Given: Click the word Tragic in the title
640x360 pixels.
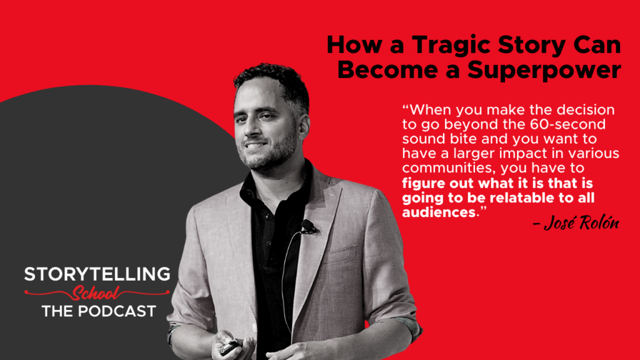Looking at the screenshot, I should point(441,46).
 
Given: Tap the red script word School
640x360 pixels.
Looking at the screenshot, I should point(96,292).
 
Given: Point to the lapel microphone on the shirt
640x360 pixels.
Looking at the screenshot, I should point(308,226).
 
